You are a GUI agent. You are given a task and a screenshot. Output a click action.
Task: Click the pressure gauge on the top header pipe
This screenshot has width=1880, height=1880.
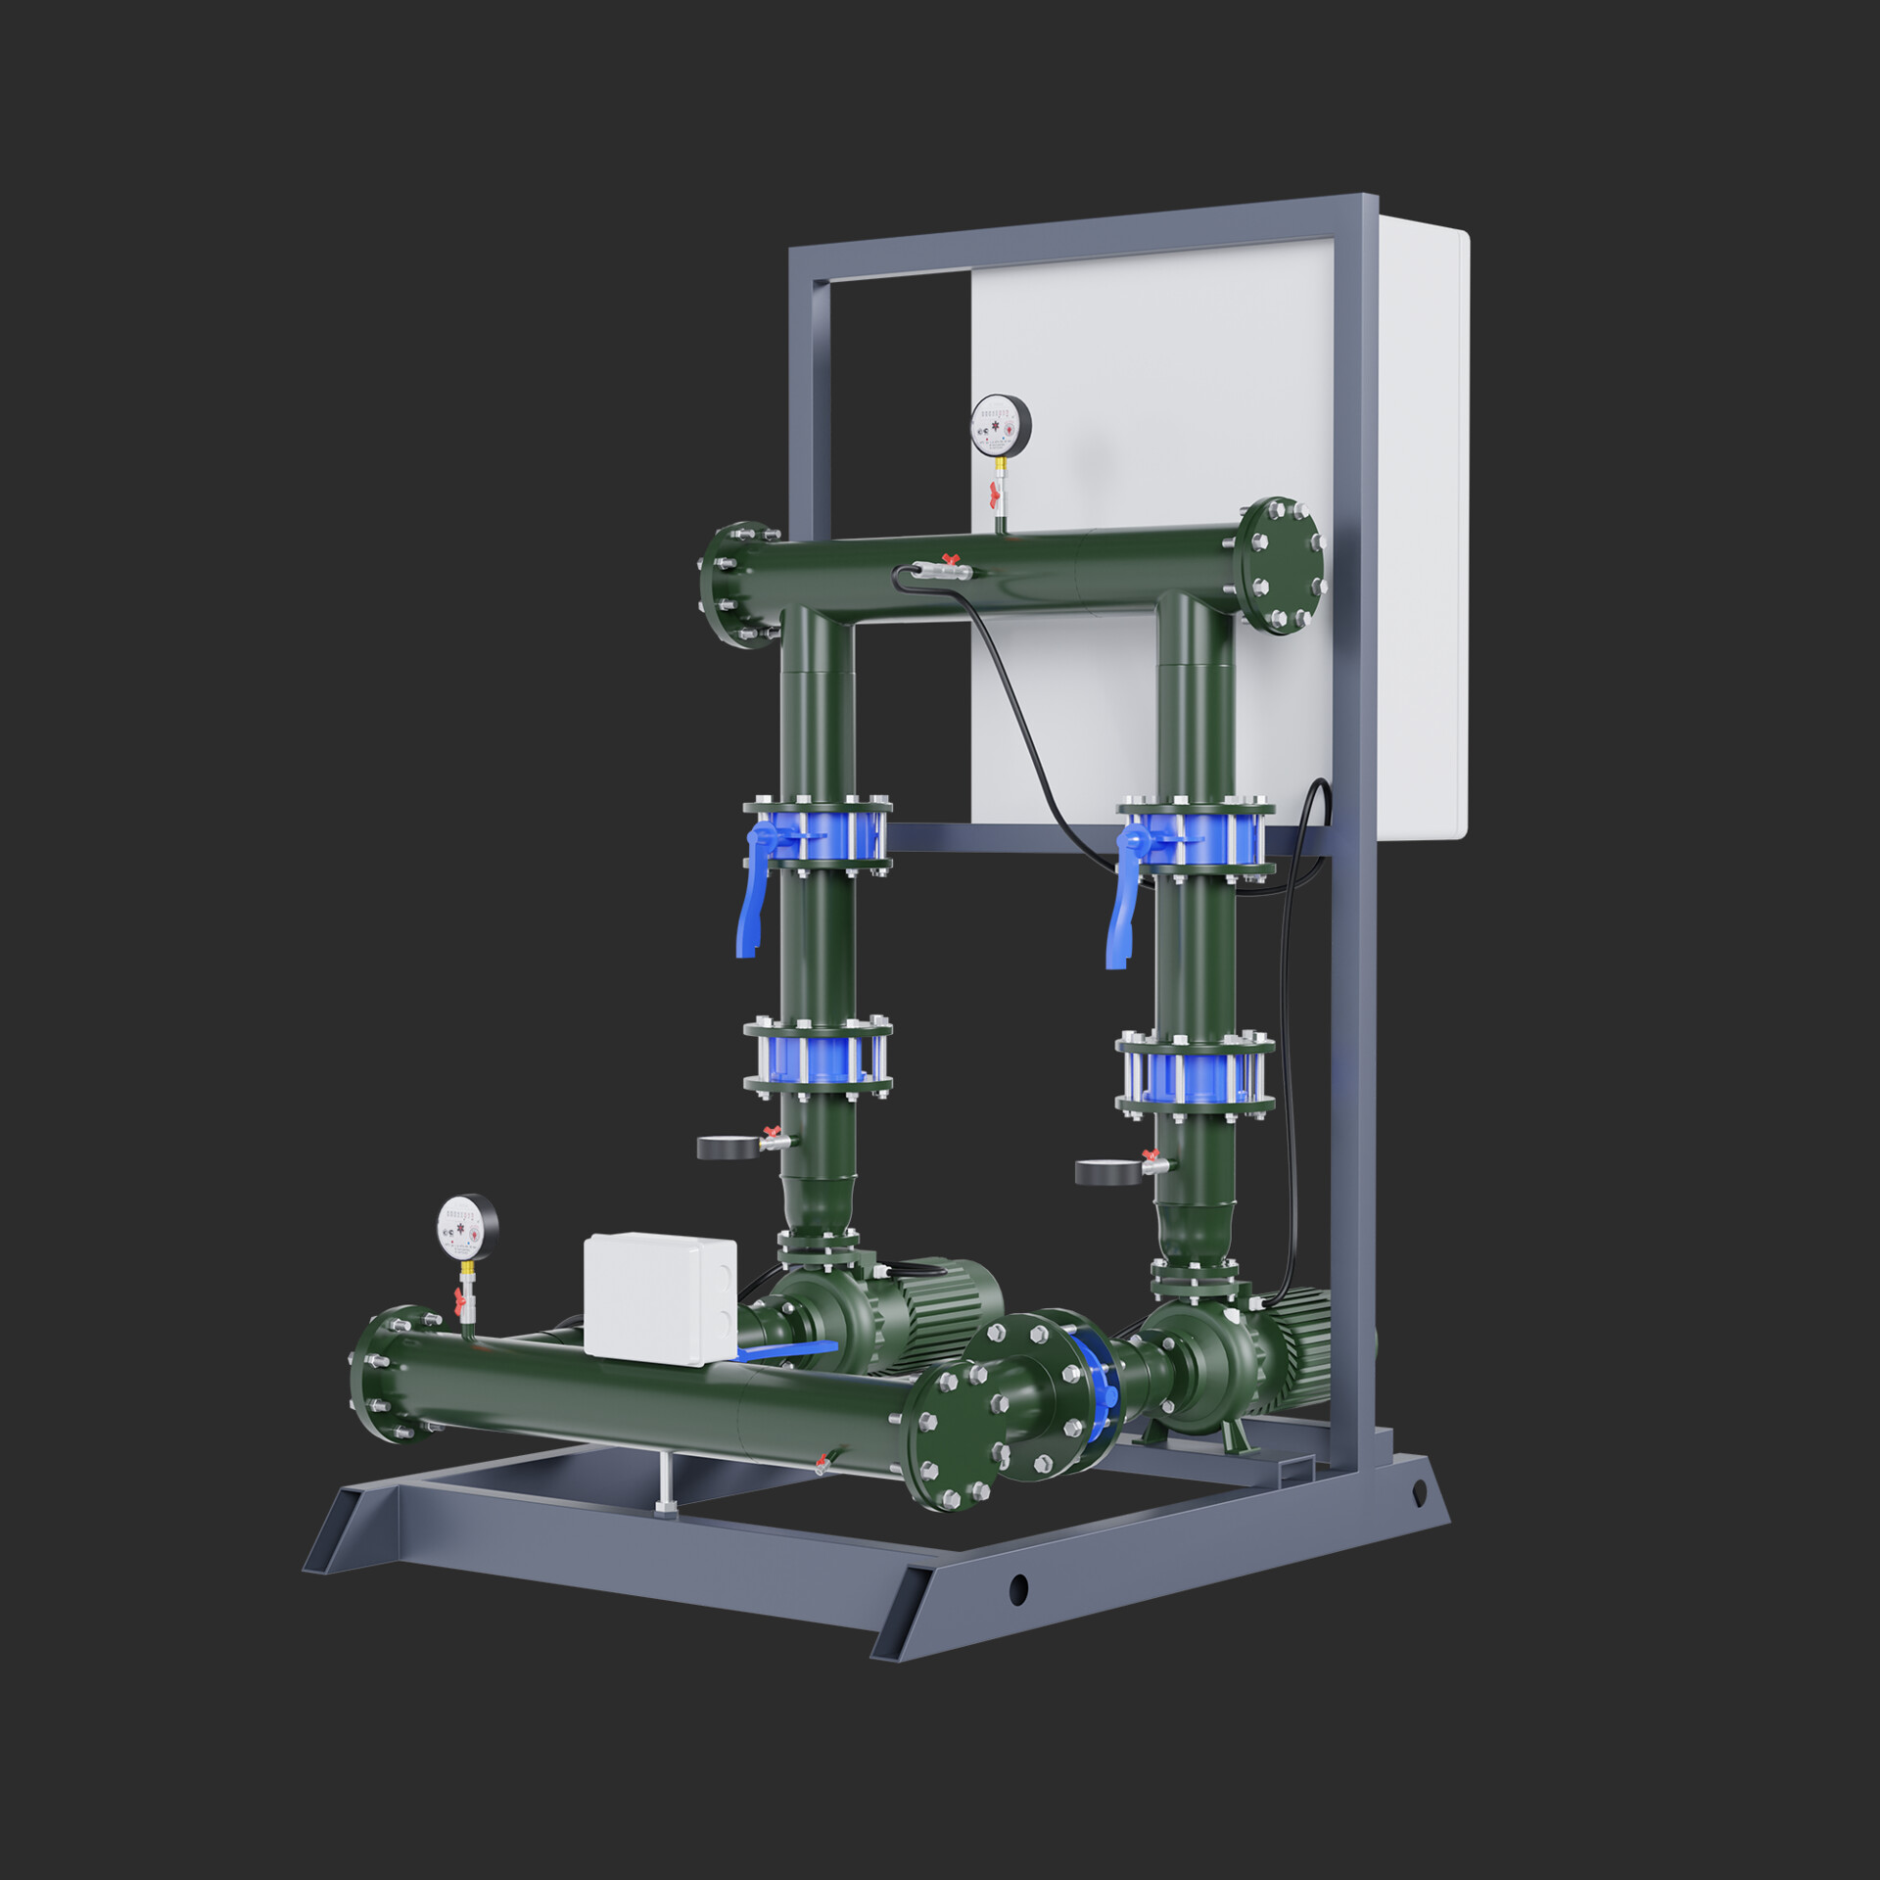[x=1001, y=426]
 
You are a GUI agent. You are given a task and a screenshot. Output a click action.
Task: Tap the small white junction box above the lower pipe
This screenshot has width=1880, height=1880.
[x=659, y=1297]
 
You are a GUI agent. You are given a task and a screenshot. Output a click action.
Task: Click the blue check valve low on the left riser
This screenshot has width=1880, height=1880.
[x=817, y=1059]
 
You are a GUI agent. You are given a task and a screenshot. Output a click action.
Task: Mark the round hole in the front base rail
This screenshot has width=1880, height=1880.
[x=1018, y=1588]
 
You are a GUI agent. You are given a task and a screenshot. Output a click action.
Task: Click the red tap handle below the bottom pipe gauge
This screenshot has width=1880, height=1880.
[x=457, y=1299]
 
